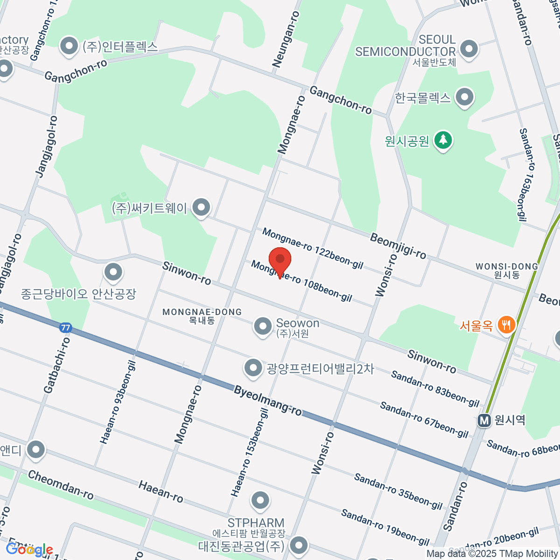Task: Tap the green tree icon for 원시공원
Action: point(443,140)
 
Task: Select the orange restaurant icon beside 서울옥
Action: point(506,325)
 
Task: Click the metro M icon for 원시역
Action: point(485,420)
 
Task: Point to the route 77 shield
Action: point(66,328)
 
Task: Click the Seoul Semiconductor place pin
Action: point(469,48)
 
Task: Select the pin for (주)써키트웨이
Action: point(201,207)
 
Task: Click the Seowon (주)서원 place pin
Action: point(262,326)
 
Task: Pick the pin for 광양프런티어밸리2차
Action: point(253,368)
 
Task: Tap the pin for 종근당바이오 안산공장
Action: point(113,272)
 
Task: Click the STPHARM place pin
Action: point(260,501)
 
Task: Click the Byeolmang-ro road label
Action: point(268,400)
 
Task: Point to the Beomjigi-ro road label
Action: point(398,245)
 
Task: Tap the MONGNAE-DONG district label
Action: point(202,312)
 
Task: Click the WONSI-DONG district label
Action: point(506,266)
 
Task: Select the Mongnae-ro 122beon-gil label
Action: point(312,248)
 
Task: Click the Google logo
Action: point(29,550)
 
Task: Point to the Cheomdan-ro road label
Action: point(61,484)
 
